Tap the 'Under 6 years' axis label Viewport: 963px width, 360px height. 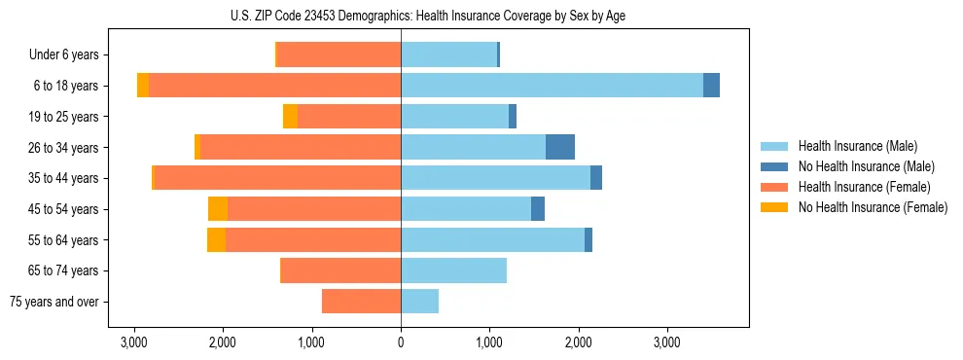coord(69,54)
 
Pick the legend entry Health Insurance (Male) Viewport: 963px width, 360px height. coord(857,146)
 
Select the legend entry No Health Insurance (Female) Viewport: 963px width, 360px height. coord(873,207)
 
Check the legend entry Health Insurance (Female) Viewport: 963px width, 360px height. coord(864,187)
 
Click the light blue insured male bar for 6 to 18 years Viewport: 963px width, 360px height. coord(552,86)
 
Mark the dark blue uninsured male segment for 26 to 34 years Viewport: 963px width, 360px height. coord(560,147)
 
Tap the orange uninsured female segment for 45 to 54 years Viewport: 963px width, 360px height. coord(218,208)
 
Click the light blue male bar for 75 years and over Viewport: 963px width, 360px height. coord(419,302)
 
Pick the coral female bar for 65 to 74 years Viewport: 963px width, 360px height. coord(340,270)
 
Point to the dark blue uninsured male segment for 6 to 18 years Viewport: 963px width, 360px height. coord(711,86)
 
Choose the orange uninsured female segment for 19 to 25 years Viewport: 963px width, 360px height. coord(290,117)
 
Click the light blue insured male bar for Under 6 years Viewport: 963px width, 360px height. coord(448,54)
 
